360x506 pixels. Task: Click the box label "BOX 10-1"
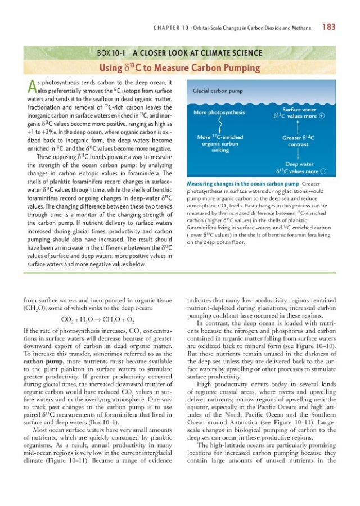112,53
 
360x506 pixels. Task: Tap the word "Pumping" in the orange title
239,69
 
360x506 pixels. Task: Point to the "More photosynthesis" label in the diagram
219,112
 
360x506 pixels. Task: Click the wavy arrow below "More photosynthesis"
219,124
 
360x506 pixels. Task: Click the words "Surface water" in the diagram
299,109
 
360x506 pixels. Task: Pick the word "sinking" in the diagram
219,150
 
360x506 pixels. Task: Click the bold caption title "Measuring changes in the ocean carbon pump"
242,184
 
